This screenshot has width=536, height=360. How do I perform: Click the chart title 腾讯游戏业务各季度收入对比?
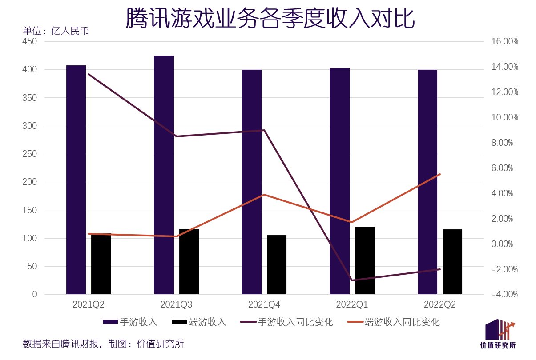[x=270, y=19]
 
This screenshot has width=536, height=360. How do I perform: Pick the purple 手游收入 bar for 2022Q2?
[x=427, y=182]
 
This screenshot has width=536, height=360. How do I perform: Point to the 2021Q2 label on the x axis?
[x=89, y=304]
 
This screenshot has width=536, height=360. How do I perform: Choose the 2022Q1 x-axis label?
[x=352, y=304]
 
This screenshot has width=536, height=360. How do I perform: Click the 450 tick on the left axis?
[x=30, y=41]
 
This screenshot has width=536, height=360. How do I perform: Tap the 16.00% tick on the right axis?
[x=504, y=41]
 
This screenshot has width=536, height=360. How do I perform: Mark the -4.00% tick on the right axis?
[x=504, y=294]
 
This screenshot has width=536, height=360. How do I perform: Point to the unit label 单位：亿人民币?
[x=56, y=31]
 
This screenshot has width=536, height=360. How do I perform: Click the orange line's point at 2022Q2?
[x=439, y=174]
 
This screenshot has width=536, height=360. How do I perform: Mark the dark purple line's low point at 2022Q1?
[x=352, y=280]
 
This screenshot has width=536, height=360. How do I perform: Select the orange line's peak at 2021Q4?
[x=264, y=195]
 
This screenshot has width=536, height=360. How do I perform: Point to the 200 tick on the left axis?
[x=30, y=182]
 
